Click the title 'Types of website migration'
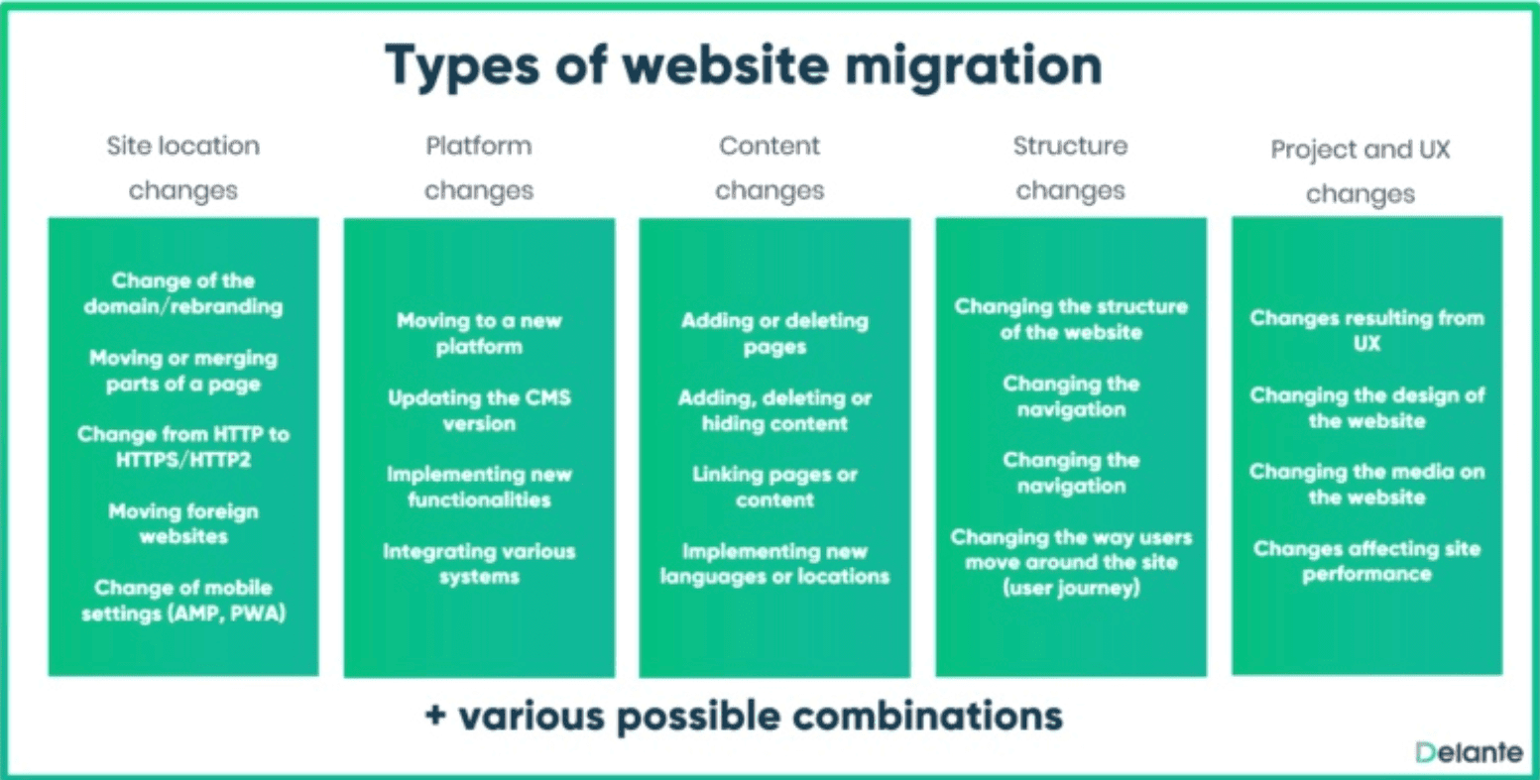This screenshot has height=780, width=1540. tap(744, 66)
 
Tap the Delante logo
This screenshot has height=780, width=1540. tap(1469, 752)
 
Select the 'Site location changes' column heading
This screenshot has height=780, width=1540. tap(182, 168)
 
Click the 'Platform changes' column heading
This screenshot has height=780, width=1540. tap(479, 168)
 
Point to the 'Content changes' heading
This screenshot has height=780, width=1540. tap(770, 168)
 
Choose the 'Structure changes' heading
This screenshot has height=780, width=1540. tap(1070, 168)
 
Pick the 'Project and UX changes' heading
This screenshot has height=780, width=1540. tap(1361, 171)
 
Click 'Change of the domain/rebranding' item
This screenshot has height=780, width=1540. tap(182, 293)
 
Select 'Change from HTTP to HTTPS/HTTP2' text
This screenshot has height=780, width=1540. tap(182, 447)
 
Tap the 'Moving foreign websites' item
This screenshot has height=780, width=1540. tap(182, 523)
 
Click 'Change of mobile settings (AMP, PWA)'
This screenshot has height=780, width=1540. tap(182, 601)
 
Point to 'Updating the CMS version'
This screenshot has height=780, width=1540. tap(479, 410)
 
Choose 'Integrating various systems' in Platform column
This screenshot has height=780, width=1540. tap(479, 564)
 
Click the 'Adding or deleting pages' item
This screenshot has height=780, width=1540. tap(774, 334)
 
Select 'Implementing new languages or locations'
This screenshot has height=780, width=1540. tap(774, 564)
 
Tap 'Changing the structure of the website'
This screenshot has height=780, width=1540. tap(1071, 319)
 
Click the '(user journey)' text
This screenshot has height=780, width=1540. tap(1071, 589)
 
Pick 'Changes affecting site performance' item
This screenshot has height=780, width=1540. tap(1366, 562)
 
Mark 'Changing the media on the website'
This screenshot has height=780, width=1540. tap(1366, 485)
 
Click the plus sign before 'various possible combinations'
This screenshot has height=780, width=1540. tap(435, 716)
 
